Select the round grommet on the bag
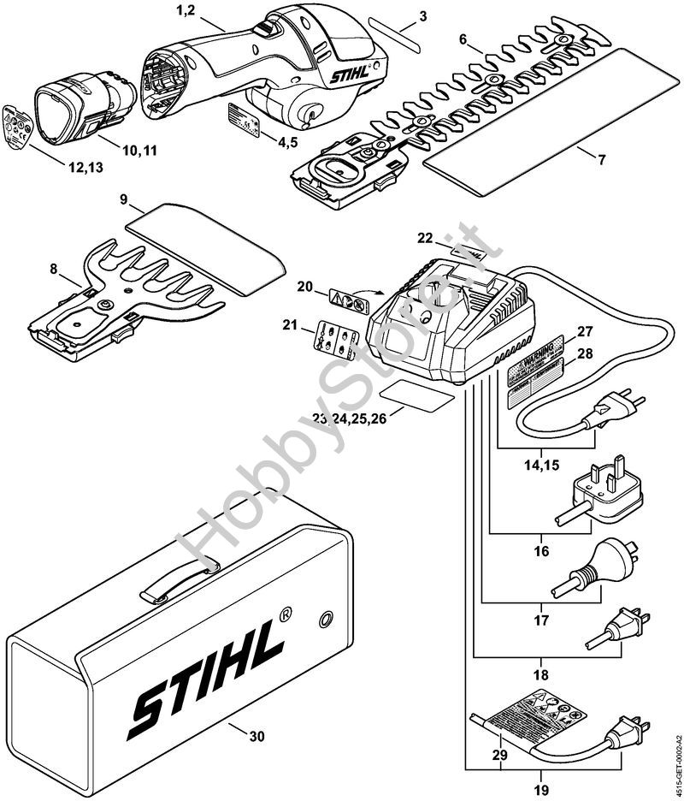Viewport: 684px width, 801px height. pos(326,619)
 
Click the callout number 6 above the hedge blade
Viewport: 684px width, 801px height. pos(463,39)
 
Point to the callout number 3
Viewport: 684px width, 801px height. pos(423,16)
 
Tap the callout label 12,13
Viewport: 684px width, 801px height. pos(84,168)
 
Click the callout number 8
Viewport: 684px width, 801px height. pos(54,269)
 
